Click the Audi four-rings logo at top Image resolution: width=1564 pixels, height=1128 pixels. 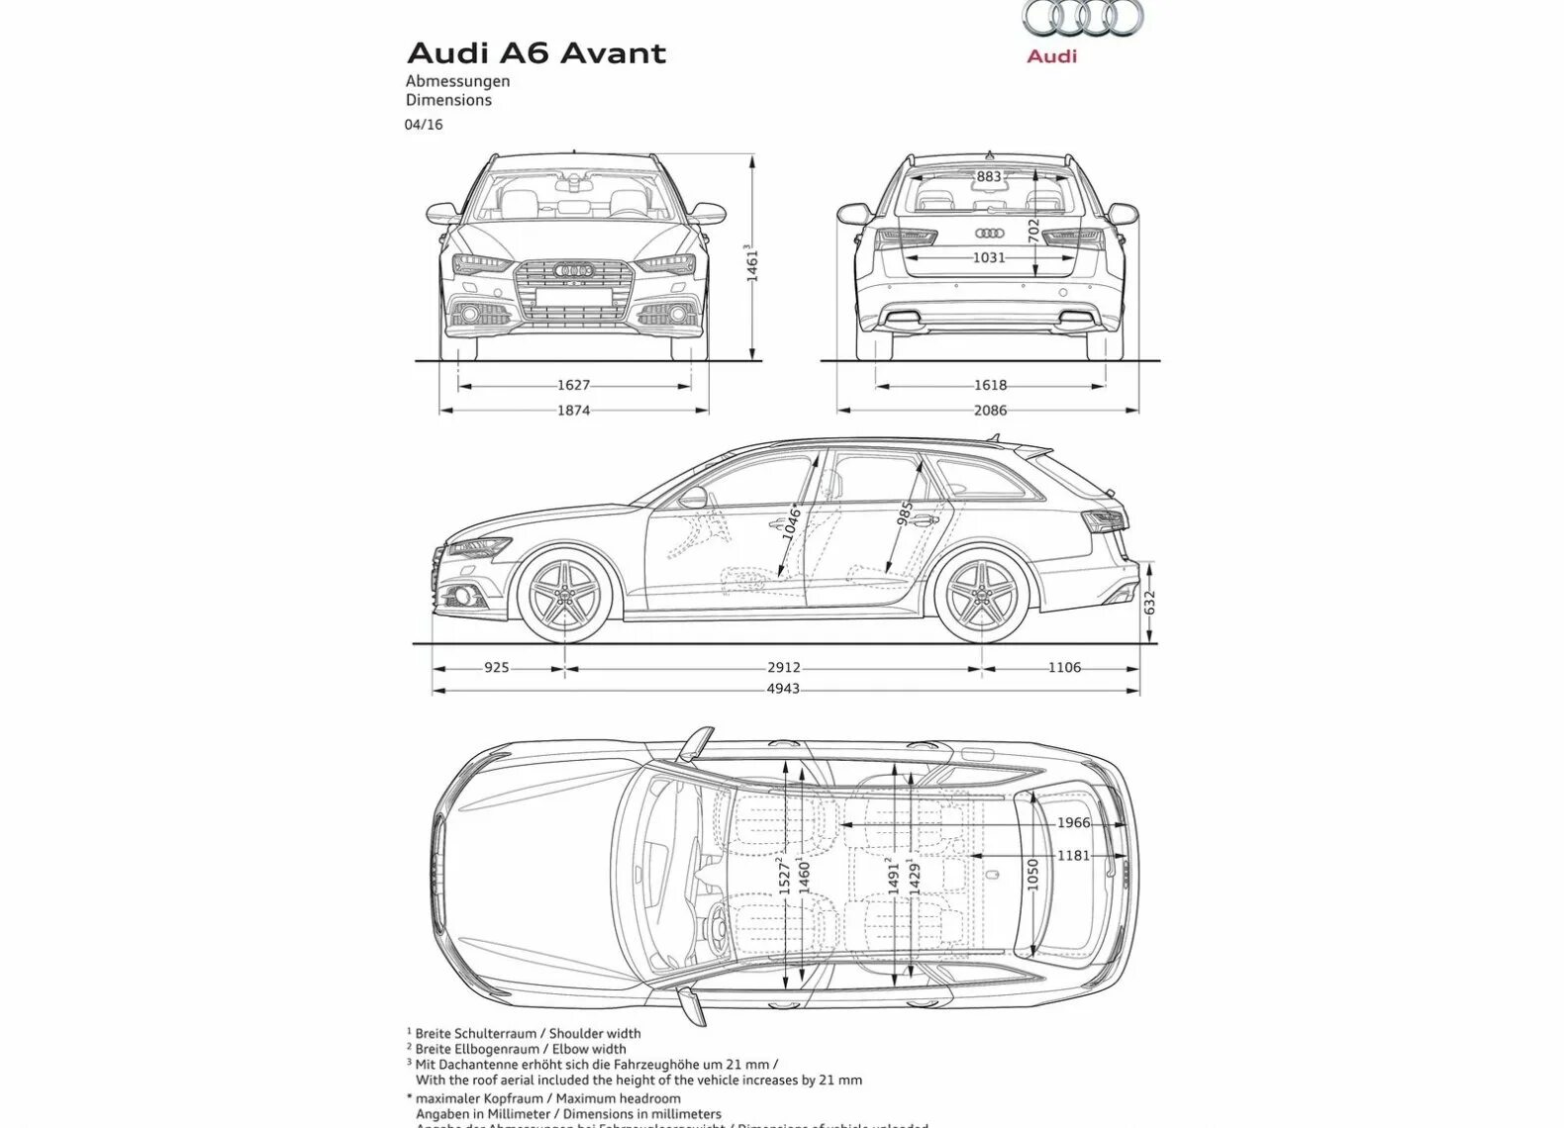tap(1082, 18)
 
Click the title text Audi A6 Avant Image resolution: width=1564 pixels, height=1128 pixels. tap(537, 52)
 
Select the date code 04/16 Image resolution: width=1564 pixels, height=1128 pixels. tap(423, 125)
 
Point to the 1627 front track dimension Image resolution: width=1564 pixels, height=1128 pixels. tap(573, 385)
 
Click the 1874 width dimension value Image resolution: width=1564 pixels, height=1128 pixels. tap(573, 410)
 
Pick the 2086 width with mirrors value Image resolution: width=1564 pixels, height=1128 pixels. tap(990, 410)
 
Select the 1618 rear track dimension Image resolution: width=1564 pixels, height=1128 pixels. tap(990, 385)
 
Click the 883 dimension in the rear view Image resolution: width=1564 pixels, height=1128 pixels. tap(989, 177)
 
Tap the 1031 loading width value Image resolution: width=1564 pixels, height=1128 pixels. tap(988, 257)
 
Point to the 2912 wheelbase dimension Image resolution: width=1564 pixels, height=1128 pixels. tap(783, 668)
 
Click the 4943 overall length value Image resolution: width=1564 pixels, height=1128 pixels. tap(783, 689)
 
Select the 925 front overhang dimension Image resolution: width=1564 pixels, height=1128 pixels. tap(496, 668)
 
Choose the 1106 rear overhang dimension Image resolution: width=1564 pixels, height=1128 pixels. tap(1064, 668)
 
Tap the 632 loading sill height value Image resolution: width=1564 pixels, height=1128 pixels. tap(1148, 603)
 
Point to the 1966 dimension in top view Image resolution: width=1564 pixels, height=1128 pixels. tap(1073, 822)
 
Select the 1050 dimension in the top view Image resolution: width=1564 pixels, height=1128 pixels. tap(1032, 875)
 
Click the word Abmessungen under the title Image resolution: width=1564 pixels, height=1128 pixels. tap(457, 81)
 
